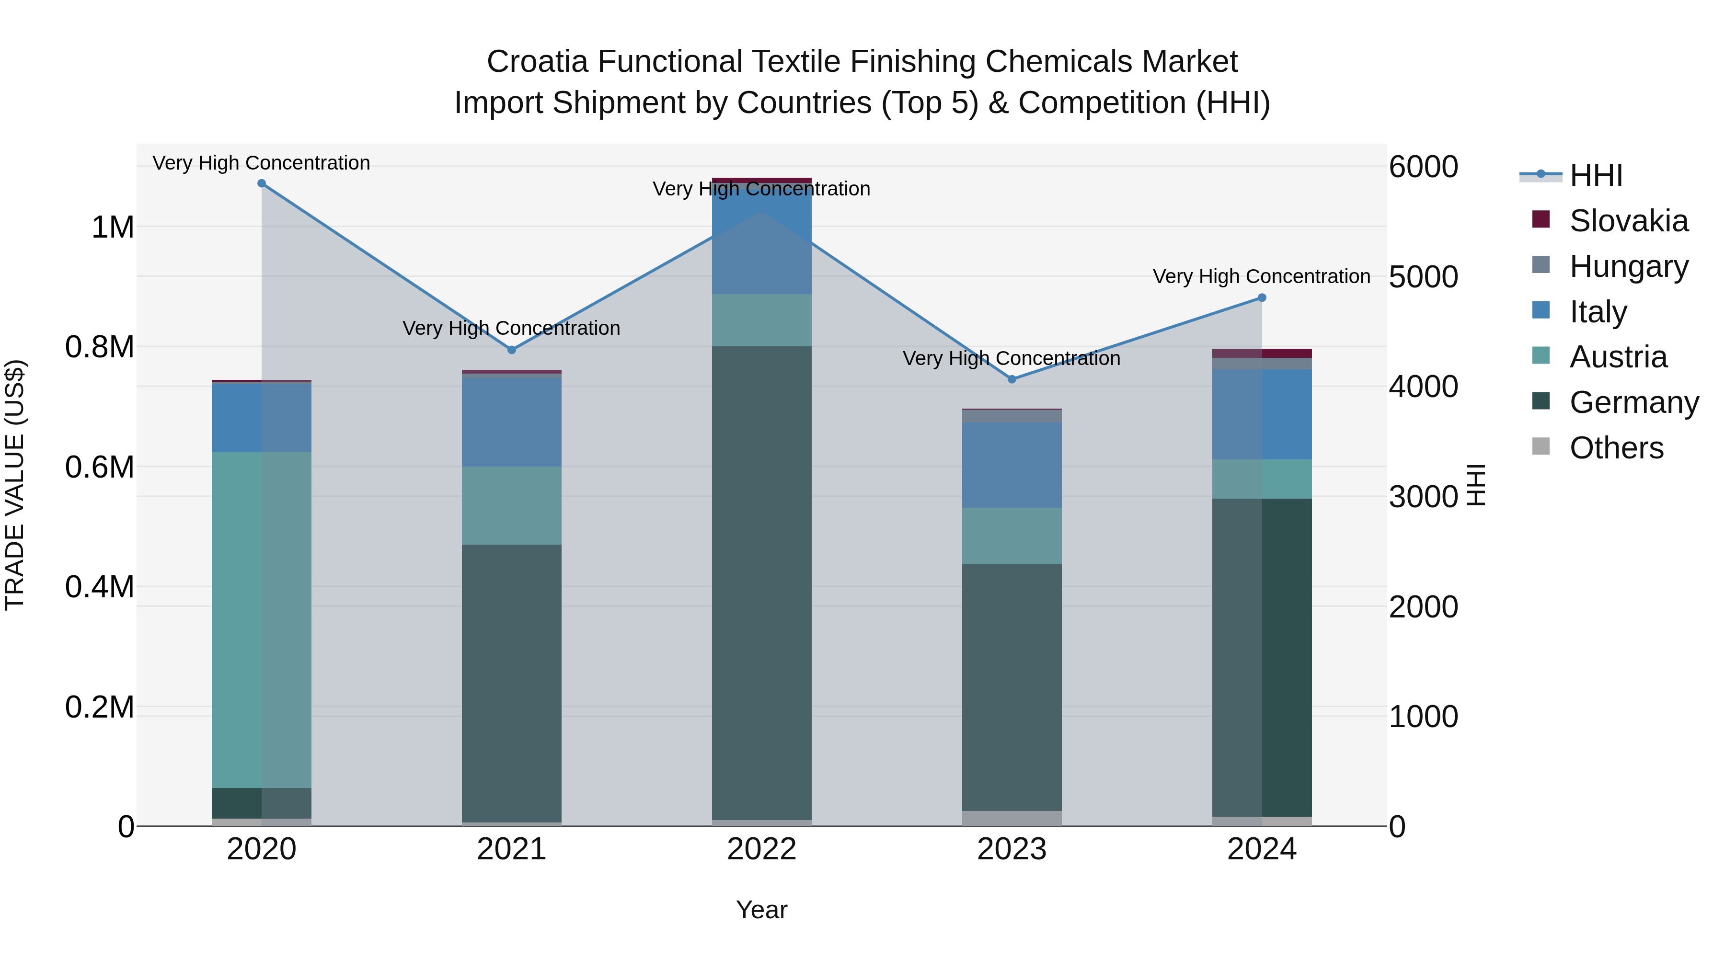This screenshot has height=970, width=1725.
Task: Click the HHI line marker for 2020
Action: [x=262, y=183]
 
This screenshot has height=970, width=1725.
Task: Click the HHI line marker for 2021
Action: [x=512, y=350]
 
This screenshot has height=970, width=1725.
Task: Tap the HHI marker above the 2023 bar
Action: [x=1012, y=379]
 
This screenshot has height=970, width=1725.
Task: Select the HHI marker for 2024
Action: [x=1262, y=298]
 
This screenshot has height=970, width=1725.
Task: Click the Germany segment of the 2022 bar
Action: [x=761, y=582]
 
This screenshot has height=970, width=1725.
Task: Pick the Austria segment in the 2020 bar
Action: [x=262, y=619]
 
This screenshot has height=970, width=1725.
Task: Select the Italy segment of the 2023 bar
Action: [x=1012, y=465]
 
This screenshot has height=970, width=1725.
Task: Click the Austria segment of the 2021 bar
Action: [x=512, y=505]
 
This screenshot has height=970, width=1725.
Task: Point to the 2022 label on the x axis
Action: [x=761, y=849]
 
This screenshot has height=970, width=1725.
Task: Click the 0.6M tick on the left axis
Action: [x=100, y=467]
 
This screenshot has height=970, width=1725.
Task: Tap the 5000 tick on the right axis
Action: [x=1423, y=277]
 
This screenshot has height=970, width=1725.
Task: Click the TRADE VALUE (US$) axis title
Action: [x=15, y=485]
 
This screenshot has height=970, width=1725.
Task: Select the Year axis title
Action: [x=761, y=910]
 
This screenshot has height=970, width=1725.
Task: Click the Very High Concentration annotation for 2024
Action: [x=1261, y=276]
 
